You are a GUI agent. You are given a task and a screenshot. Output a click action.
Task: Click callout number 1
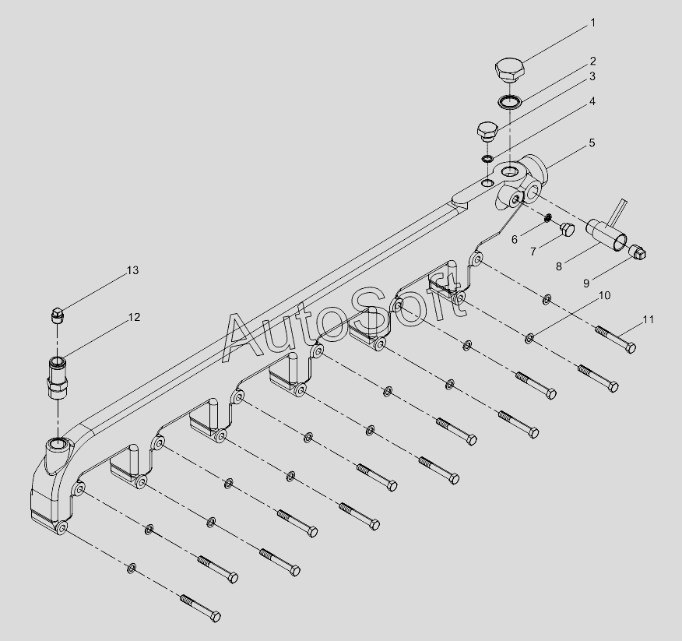(592, 23)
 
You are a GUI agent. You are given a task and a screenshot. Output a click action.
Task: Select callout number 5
(592, 143)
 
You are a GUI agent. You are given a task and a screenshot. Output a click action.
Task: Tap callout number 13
(132, 270)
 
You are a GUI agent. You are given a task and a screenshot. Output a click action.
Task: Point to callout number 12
(134, 317)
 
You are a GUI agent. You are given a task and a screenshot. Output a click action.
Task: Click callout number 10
(604, 296)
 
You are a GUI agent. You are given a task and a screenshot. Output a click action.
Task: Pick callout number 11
(648, 320)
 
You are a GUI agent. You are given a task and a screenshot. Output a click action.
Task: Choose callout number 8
(558, 266)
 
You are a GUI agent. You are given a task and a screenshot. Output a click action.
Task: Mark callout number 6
(515, 240)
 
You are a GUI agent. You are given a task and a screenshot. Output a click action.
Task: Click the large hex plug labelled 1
(509, 69)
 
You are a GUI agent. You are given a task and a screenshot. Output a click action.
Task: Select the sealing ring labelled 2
(508, 101)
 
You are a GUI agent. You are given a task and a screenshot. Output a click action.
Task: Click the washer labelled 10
(529, 337)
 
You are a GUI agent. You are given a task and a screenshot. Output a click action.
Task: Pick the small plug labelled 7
(566, 229)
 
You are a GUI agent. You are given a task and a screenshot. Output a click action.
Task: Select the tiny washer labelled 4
(487, 160)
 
